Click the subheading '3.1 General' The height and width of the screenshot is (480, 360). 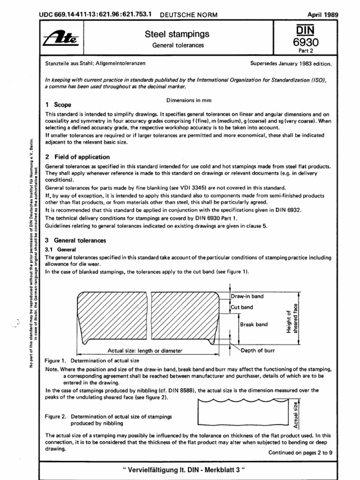click(x=60, y=250)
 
